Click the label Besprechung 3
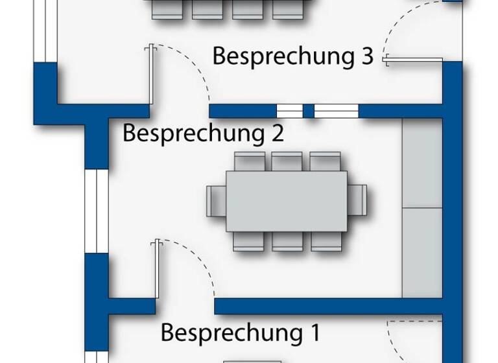pos(293,56)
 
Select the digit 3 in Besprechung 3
pos(367,56)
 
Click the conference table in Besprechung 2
pos(285,201)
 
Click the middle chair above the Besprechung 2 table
pos(287,161)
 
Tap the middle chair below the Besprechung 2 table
pos(287,241)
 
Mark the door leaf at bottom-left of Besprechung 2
pos(157,269)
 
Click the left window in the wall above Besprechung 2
pos(289,111)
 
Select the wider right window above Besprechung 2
pos(336,111)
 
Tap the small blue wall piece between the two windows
pos(309,111)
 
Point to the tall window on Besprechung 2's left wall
pos(96,211)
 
